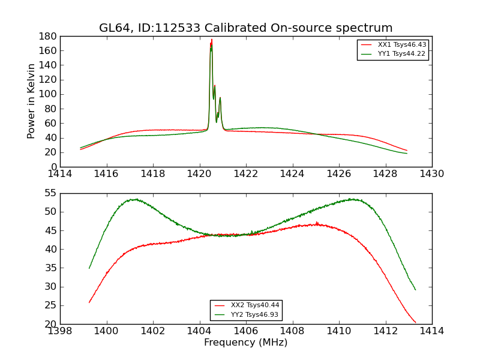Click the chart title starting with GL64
coord(246,28)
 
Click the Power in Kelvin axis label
coord(32,101)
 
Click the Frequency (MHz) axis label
coord(246,343)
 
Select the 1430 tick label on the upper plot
coord(432,174)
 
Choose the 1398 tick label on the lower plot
coord(61,331)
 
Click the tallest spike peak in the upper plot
coord(211,40)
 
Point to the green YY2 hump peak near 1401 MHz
coord(136,199)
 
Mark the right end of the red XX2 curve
coord(415,323)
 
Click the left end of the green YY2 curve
coord(89,268)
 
